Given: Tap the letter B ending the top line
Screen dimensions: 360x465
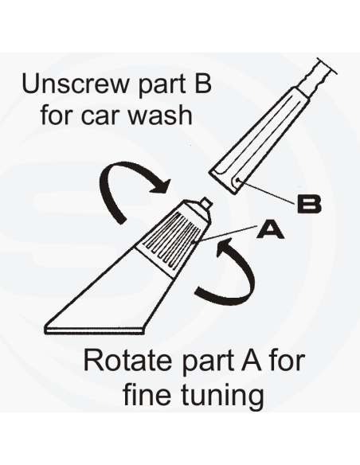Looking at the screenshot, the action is tap(203, 84).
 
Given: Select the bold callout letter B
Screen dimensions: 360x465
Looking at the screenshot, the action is tap(309, 204).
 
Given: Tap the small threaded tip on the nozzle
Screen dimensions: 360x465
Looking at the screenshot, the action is tap(206, 203).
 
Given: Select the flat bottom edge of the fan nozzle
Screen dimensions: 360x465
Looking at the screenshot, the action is tap(95, 331).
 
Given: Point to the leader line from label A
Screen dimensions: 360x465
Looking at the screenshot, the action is tap(225, 235).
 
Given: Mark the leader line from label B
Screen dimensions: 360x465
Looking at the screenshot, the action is tap(268, 193).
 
